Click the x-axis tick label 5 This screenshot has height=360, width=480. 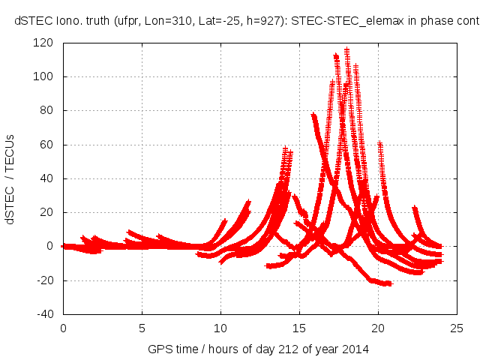pos(142,328)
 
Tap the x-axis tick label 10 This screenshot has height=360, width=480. pos(220,328)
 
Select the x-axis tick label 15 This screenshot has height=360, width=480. pos(299,328)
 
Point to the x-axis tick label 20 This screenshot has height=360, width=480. pos(378,328)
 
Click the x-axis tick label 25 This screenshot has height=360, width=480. pos(457,328)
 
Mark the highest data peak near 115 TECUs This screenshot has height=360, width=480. pos(346,50)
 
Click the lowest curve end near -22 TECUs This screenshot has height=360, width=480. pos(388,283)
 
